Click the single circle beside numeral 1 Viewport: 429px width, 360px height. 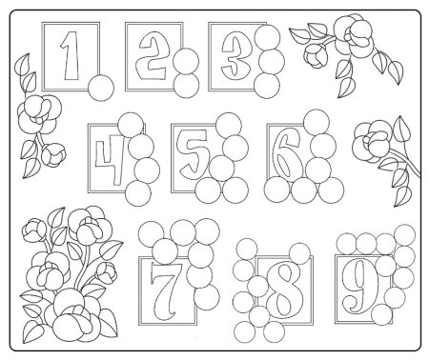pos(101,88)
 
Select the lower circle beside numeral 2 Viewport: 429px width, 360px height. pos(186,85)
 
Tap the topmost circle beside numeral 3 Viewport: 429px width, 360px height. pos(267,37)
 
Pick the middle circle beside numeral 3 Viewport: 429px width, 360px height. pos(272,62)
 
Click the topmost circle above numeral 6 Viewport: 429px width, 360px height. pos(317,123)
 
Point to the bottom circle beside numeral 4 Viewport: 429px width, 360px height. pos(138,193)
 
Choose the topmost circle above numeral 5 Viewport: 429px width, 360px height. pos(229,125)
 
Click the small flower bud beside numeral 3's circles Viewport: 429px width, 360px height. pos(316,54)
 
